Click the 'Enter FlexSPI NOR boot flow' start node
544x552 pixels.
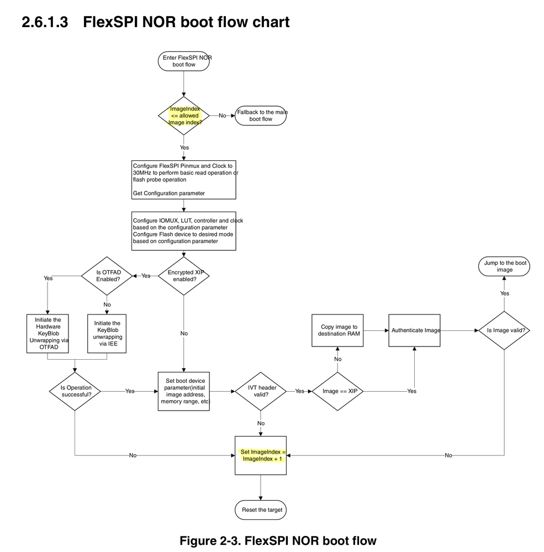pos(184,61)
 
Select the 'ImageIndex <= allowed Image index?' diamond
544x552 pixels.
pos(184,115)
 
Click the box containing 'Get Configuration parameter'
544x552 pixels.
pos(184,180)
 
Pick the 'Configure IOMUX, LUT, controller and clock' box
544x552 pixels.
pos(184,230)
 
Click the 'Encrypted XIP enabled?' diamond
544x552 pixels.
pos(184,275)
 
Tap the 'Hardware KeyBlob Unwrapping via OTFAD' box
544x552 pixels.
pos(47,334)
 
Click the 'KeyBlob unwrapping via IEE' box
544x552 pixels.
pos(108,334)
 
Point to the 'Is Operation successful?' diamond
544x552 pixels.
pos(75,391)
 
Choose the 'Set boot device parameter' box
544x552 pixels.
pos(184,391)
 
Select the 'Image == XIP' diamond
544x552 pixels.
pos(337,391)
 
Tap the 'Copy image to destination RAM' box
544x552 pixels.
pos(337,330)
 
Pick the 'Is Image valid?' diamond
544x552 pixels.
pos(504,330)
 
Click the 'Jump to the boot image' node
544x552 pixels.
pos(504,266)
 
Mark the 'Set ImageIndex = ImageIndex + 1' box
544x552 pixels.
pos(261,455)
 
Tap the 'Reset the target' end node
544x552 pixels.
pos(261,509)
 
